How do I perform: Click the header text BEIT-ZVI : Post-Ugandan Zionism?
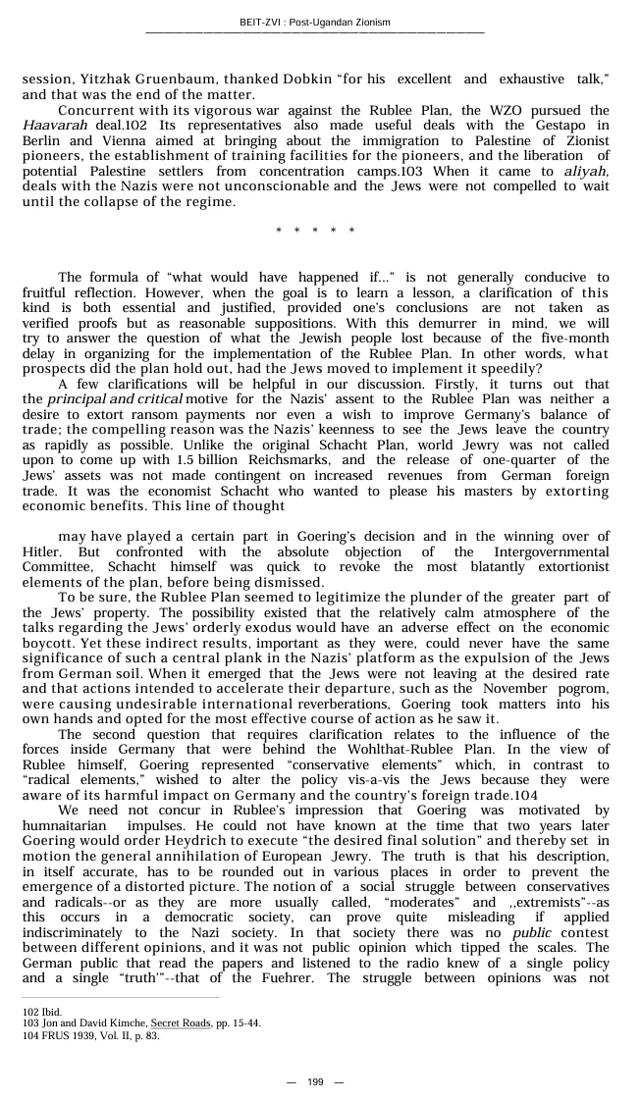[314, 22]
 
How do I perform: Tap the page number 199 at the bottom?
[315, 1081]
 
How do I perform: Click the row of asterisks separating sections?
[315, 231]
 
